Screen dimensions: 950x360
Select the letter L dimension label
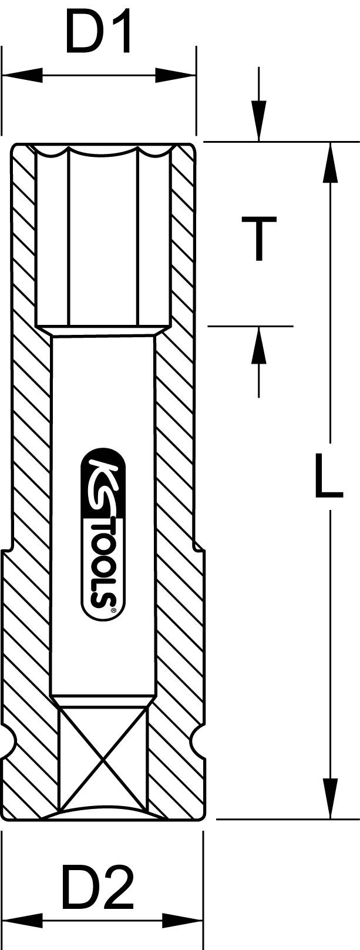tap(328, 475)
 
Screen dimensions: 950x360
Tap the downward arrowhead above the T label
tap(258, 121)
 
